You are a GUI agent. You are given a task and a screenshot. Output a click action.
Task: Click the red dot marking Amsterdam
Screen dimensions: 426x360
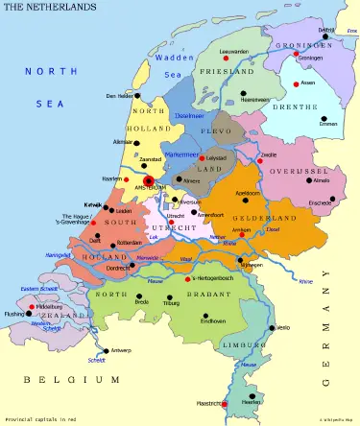point(148,179)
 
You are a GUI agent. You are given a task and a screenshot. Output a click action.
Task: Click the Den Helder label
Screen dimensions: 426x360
point(118,96)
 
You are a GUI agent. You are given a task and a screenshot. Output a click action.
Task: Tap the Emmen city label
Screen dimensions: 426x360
point(329,125)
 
